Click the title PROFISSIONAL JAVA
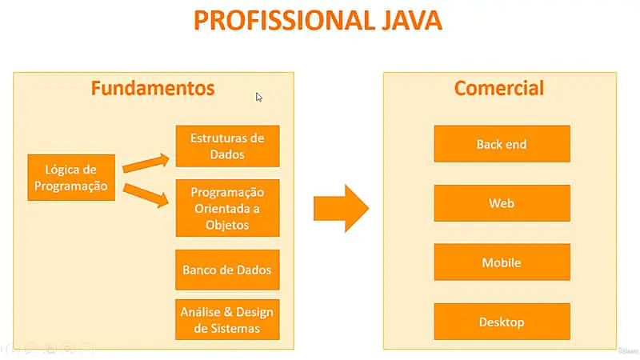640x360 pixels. pyautogui.click(x=318, y=21)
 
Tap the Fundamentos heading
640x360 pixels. pyautogui.click(x=152, y=88)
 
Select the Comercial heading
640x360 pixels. pyautogui.click(x=499, y=88)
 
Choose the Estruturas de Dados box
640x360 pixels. pyautogui.click(x=227, y=146)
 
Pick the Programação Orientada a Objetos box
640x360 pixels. pyautogui.click(x=227, y=208)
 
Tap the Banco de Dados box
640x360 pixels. pyautogui.click(x=227, y=270)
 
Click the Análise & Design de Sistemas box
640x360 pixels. pyautogui.click(x=227, y=320)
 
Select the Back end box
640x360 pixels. pyautogui.click(x=502, y=144)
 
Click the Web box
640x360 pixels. pyautogui.click(x=502, y=203)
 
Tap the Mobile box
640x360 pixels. pyautogui.click(x=502, y=262)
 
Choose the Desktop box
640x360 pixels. pyautogui.click(x=502, y=322)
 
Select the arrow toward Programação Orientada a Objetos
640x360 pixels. pyautogui.click(x=146, y=194)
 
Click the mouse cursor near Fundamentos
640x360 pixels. pyautogui.click(x=259, y=98)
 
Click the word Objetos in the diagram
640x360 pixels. pyautogui.click(x=226, y=225)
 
